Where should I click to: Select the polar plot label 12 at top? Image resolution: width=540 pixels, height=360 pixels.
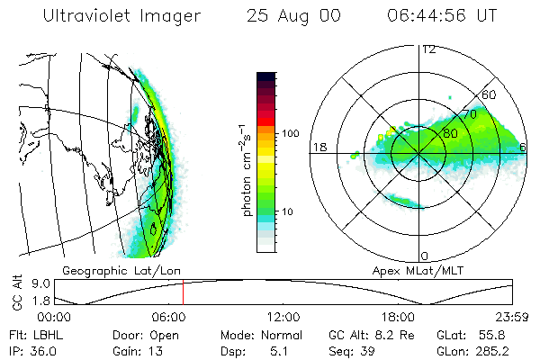[x=428, y=49]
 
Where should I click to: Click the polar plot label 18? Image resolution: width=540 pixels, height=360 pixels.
[x=319, y=147]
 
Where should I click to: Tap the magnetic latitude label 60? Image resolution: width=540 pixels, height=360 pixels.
[x=490, y=94]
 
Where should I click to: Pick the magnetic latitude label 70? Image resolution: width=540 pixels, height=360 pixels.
[x=469, y=114]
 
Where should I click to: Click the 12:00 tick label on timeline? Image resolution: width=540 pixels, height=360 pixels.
[x=283, y=317]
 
